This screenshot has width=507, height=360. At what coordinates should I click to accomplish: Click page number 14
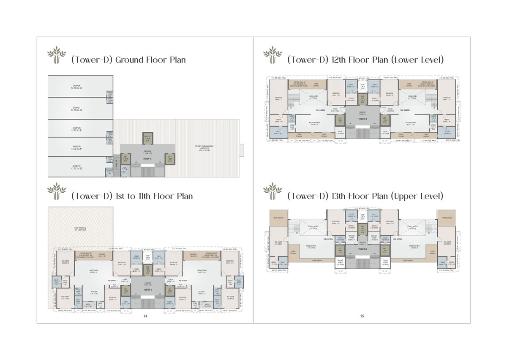click(145, 316)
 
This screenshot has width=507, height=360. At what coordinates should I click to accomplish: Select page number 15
click(362, 316)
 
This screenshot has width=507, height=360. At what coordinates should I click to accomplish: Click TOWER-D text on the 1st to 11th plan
click(147, 290)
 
